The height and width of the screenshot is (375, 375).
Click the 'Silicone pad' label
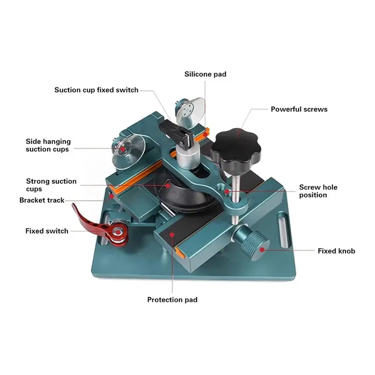tap(205, 74)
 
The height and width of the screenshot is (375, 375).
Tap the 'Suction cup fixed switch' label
tap(97, 90)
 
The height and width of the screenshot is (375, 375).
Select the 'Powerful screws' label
tap(299, 109)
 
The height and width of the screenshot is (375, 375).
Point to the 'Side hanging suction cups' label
tap(48, 145)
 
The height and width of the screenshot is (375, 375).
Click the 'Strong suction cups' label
tap(51, 185)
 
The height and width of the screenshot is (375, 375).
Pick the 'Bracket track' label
tap(42, 200)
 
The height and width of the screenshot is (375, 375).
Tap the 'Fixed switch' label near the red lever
tap(47, 231)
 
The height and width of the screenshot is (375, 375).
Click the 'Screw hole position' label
tap(318, 191)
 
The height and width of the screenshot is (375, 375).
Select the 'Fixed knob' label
tap(336, 251)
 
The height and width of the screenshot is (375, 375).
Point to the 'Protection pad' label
tap(172, 300)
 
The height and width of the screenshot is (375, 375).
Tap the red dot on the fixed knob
tap(262, 250)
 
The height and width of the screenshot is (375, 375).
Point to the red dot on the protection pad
tap(172, 235)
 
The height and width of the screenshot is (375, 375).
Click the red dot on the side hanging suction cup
tap(123, 149)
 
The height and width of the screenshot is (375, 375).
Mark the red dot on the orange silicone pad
tap(205, 135)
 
